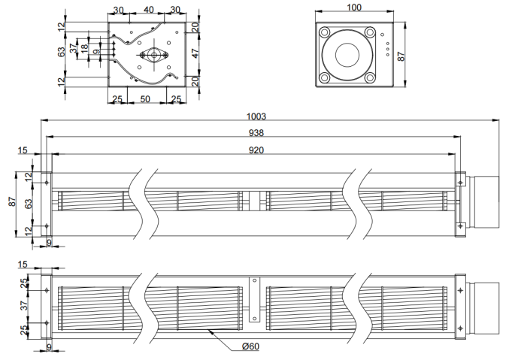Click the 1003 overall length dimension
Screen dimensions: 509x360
[x=256, y=116]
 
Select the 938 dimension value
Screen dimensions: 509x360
[x=256, y=133]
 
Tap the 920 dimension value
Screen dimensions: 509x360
[x=256, y=150]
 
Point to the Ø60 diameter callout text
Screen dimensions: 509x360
[x=251, y=346]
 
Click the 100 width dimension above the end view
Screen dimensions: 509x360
[x=354, y=8]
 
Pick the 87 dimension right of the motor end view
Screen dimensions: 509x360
[x=401, y=56]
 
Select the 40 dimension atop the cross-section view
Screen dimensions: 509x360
[x=148, y=10]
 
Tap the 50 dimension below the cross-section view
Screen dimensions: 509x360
[x=145, y=99]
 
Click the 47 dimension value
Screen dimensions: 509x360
[x=195, y=53]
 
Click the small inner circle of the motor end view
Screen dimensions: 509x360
[x=347, y=55]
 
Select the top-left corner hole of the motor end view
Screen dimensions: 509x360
[x=324, y=32]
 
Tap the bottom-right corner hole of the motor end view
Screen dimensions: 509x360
[x=370, y=78]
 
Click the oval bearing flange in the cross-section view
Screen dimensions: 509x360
[x=154, y=55]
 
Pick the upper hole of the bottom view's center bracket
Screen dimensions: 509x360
[x=255, y=280]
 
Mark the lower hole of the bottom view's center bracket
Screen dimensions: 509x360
[x=255, y=319]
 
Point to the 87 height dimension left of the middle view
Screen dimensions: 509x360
[x=12, y=201]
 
